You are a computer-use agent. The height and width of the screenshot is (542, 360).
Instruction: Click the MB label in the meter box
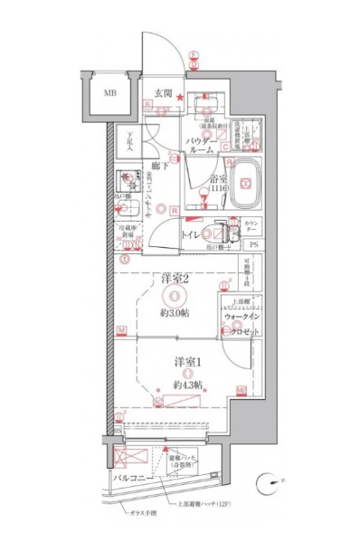click(109, 93)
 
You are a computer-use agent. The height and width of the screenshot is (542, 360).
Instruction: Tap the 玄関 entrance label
click(163, 93)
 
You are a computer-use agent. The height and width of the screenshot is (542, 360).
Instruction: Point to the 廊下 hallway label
click(160, 166)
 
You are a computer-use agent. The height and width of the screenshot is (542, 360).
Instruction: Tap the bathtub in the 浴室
click(244, 185)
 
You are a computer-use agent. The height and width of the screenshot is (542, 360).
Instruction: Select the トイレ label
click(191, 234)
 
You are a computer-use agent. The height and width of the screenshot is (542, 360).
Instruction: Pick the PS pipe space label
click(254, 245)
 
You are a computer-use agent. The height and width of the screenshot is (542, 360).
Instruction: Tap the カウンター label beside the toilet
click(254, 225)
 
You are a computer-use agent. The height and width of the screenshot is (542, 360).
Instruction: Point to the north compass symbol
click(268, 486)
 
